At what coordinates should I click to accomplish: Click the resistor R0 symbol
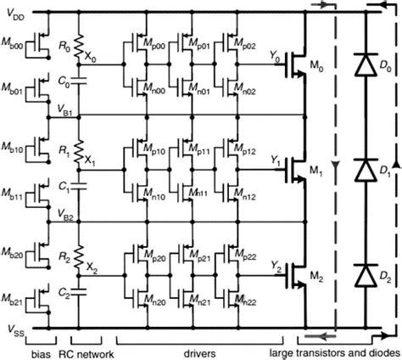click(x=79, y=47)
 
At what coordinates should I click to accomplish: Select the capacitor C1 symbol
click(x=79, y=186)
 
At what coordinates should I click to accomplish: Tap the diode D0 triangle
click(x=366, y=65)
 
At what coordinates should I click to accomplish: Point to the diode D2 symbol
click(x=366, y=275)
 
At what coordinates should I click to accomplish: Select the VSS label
click(x=16, y=330)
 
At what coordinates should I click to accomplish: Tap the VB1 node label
click(x=64, y=110)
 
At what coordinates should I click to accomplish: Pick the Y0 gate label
click(x=275, y=57)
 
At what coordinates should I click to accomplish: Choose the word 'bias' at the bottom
click(x=41, y=354)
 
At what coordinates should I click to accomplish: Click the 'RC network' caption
click(x=87, y=354)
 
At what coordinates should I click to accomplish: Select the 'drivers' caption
click(x=199, y=353)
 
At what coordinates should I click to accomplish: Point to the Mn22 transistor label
click(x=245, y=301)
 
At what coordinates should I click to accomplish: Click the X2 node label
click(x=92, y=268)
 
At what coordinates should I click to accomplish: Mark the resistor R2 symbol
click(x=79, y=257)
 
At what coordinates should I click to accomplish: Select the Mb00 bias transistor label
click(x=13, y=46)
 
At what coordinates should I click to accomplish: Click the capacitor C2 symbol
click(x=79, y=292)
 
